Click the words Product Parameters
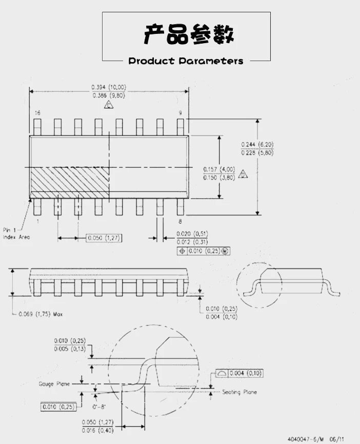186,61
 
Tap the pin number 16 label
37,112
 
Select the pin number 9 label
180,112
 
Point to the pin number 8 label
180,221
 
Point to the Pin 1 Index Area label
16,234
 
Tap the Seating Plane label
239,392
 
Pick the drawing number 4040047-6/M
305,439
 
